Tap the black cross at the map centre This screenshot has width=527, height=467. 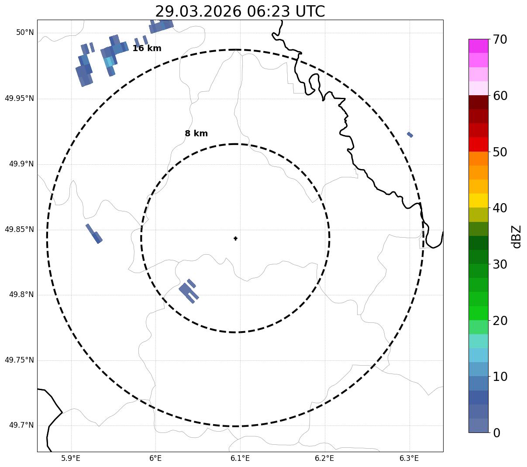tap(235, 239)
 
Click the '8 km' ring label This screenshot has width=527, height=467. tap(196, 134)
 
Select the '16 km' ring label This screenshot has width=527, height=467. tap(147, 48)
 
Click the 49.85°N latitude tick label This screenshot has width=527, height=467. tap(19, 229)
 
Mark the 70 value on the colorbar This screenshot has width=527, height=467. tap(500, 40)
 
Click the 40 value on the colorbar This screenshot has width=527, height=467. tap(500, 208)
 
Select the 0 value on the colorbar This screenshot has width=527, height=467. tap(497, 433)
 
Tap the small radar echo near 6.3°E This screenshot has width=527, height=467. tap(410, 135)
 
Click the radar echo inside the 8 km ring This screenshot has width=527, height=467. tap(188, 290)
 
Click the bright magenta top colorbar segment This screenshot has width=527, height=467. tap(478, 46)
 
